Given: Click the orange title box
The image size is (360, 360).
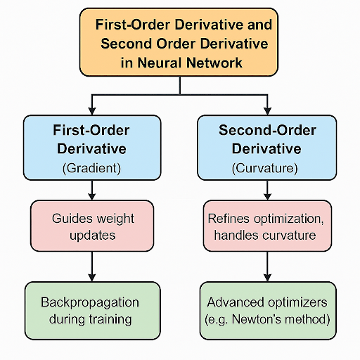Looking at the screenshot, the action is (x=179, y=42).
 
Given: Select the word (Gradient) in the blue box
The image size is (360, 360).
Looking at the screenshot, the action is (x=91, y=168).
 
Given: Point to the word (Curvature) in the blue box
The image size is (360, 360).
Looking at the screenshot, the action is (x=265, y=168).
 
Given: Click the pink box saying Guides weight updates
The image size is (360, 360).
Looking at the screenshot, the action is (x=92, y=226).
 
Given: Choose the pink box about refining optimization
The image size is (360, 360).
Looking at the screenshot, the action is (x=267, y=226).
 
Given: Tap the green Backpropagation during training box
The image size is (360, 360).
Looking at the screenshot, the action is (x=93, y=311).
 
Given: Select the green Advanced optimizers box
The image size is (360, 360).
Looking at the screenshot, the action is (x=268, y=311).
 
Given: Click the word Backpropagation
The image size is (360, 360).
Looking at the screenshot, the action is (x=90, y=303).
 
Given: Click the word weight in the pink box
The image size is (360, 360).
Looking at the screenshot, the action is (x=115, y=219).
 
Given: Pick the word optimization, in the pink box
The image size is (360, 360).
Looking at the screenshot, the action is (x=289, y=219).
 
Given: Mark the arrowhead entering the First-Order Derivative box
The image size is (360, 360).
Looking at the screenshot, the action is (x=92, y=111).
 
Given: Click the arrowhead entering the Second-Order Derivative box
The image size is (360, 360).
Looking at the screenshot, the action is (x=267, y=111).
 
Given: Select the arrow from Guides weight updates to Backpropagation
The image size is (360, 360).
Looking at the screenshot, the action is (x=92, y=266).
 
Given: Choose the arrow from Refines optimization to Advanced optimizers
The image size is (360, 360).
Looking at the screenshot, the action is (x=267, y=266).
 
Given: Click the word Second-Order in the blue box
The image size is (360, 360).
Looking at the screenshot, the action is (x=267, y=130).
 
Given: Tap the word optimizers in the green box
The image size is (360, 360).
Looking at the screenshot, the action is (x=297, y=303).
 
